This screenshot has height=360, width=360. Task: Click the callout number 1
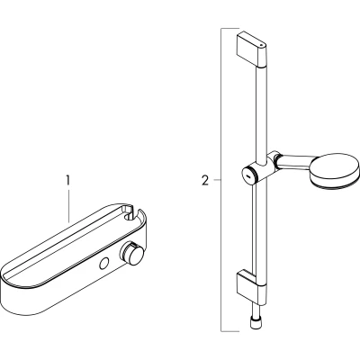tap(67, 181)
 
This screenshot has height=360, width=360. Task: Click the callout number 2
tap(205, 181)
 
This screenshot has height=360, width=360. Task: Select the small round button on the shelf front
tap(104, 264)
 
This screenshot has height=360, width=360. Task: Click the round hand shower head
tap(334, 172)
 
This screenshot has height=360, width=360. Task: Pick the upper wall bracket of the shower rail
tap(251, 49)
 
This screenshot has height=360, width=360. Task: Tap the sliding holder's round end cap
tap(249, 175)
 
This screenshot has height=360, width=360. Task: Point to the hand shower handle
tap(295, 162)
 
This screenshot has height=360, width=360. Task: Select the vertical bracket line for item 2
tap(221, 180)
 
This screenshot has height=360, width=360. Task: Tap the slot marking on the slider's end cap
tap(248, 175)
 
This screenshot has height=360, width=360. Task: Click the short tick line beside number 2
tap(217, 180)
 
